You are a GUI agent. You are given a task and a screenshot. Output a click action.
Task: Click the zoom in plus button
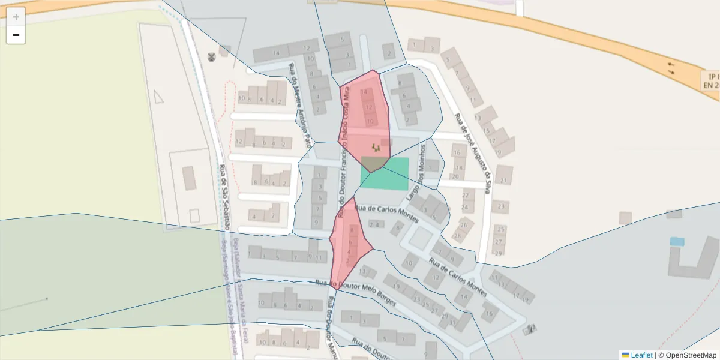click(x=16, y=17)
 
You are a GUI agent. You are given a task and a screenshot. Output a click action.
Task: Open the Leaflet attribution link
click(x=641, y=355)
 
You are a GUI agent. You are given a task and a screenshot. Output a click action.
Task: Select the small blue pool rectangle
click(x=677, y=242)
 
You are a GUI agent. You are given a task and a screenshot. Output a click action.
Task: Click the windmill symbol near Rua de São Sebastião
click(x=211, y=57)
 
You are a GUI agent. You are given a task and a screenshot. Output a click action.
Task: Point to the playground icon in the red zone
click(x=376, y=147)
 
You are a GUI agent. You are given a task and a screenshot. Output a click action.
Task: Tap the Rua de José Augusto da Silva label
click(x=473, y=150)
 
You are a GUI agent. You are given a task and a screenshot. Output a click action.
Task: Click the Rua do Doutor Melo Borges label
click(x=355, y=292)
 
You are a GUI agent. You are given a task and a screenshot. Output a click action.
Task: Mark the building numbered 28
click(x=458, y=236)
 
